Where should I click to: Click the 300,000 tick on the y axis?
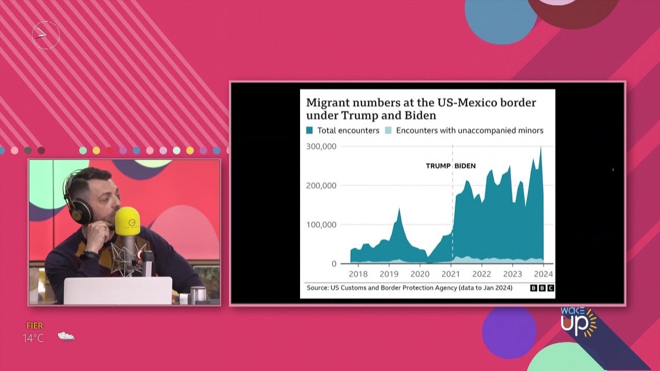321,147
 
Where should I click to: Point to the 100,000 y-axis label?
321,225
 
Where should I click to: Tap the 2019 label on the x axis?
389,274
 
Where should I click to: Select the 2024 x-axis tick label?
543,274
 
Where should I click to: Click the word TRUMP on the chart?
438,166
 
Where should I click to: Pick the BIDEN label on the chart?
465,166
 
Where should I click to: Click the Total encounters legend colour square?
310,131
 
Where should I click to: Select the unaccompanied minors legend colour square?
389,131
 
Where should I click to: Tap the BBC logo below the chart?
542,288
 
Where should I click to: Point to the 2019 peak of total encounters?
399,209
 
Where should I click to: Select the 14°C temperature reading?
34,338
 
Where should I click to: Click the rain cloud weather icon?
66,337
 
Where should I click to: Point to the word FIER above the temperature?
35,326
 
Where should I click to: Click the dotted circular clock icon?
46,35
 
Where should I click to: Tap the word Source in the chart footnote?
317,288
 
